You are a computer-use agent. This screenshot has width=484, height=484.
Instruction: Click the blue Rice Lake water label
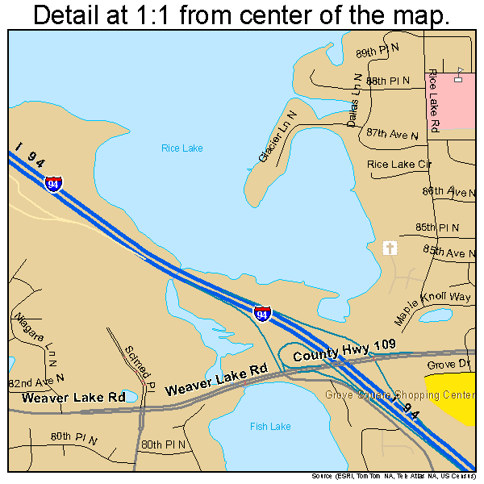[x=181, y=148]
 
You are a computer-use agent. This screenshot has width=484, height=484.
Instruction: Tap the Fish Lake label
[x=270, y=426]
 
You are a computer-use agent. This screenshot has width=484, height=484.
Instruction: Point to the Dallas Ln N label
[x=354, y=101]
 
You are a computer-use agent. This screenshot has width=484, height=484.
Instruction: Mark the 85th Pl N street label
[x=437, y=227]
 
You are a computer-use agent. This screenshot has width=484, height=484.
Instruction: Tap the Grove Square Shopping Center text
[x=400, y=394]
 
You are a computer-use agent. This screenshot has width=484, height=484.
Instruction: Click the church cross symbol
[x=390, y=248]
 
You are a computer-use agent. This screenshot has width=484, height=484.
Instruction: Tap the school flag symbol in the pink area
[x=458, y=74]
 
